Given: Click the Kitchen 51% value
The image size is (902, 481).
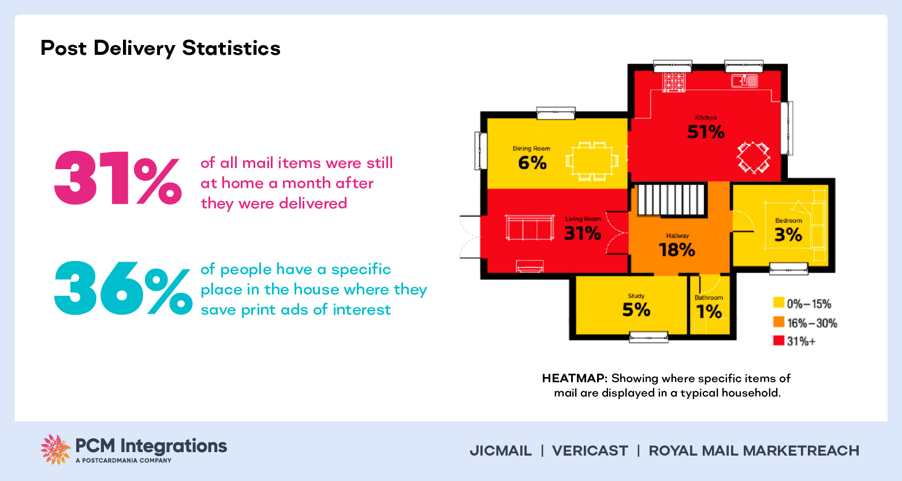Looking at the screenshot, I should tap(706, 132).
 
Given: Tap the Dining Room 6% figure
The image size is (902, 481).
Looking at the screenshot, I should tap(532, 163).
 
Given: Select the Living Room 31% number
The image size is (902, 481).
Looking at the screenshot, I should tap(583, 233).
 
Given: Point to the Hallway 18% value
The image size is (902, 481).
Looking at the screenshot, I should tap(677, 250).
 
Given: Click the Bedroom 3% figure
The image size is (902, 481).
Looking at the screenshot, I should tap(788, 235).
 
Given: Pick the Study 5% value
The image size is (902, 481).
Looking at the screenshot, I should tap(636, 310).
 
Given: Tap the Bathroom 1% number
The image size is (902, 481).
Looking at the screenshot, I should tap(709, 312).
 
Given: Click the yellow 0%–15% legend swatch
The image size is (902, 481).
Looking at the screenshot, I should tap(778, 303).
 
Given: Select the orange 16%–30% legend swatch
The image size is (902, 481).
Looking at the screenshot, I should tap(778, 322).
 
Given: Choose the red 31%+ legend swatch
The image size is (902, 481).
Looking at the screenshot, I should tap(778, 341).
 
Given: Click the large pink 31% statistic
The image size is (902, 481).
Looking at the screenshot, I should tap(118, 178).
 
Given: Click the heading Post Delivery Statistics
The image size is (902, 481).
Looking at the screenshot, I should tap(161, 48).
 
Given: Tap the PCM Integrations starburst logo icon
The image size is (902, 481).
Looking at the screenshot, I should tap(55, 449).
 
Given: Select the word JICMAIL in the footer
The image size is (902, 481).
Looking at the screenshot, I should tap(501, 451).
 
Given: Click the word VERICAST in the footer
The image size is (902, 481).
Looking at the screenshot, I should tap(590, 451).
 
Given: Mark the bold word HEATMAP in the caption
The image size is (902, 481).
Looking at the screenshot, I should tap(574, 379).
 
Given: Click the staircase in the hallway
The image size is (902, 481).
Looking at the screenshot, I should tap(672, 200).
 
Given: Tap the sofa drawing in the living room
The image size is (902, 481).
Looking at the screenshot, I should tap(529, 228).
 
